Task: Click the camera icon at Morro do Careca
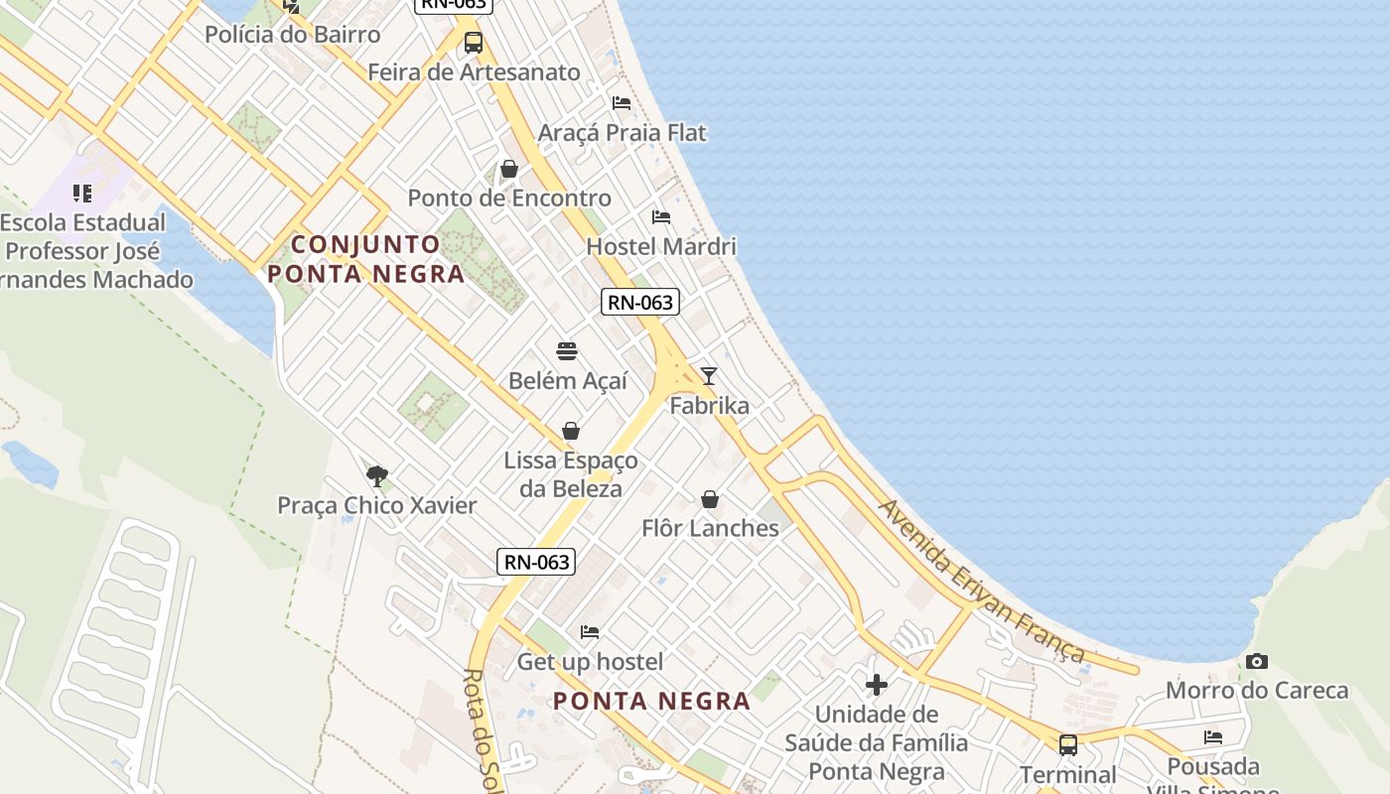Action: point(1256,661)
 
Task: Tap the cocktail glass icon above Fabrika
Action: point(708,375)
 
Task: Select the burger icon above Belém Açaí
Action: point(567,350)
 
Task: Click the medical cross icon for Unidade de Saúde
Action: point(876,685)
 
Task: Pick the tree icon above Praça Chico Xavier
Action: point(376,476)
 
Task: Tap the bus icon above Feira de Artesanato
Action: point(474,43)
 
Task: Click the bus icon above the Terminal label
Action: point(1068,744)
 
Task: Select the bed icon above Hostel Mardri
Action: point(661,217)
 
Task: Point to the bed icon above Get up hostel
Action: point(590,632)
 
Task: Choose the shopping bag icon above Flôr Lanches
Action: point(710,499)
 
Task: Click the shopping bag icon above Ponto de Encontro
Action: point(509,169)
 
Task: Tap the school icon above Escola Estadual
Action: point(82,194)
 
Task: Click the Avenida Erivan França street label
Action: point(982,581)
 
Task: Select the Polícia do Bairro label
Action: point(292,35)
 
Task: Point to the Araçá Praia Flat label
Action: point(622,132)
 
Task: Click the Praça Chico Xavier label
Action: point(376,505)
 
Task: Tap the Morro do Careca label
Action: point(1256,690)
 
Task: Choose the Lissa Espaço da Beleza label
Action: point(570,474)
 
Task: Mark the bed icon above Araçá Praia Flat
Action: point(622,103)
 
